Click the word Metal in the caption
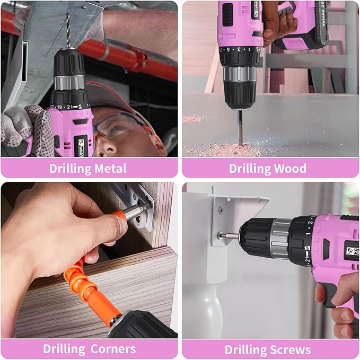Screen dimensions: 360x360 point(109,169)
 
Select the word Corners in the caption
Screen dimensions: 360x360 point(112,349)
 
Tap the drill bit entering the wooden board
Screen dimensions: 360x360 point(240,127)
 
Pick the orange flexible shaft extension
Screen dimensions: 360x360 point(93,281)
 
